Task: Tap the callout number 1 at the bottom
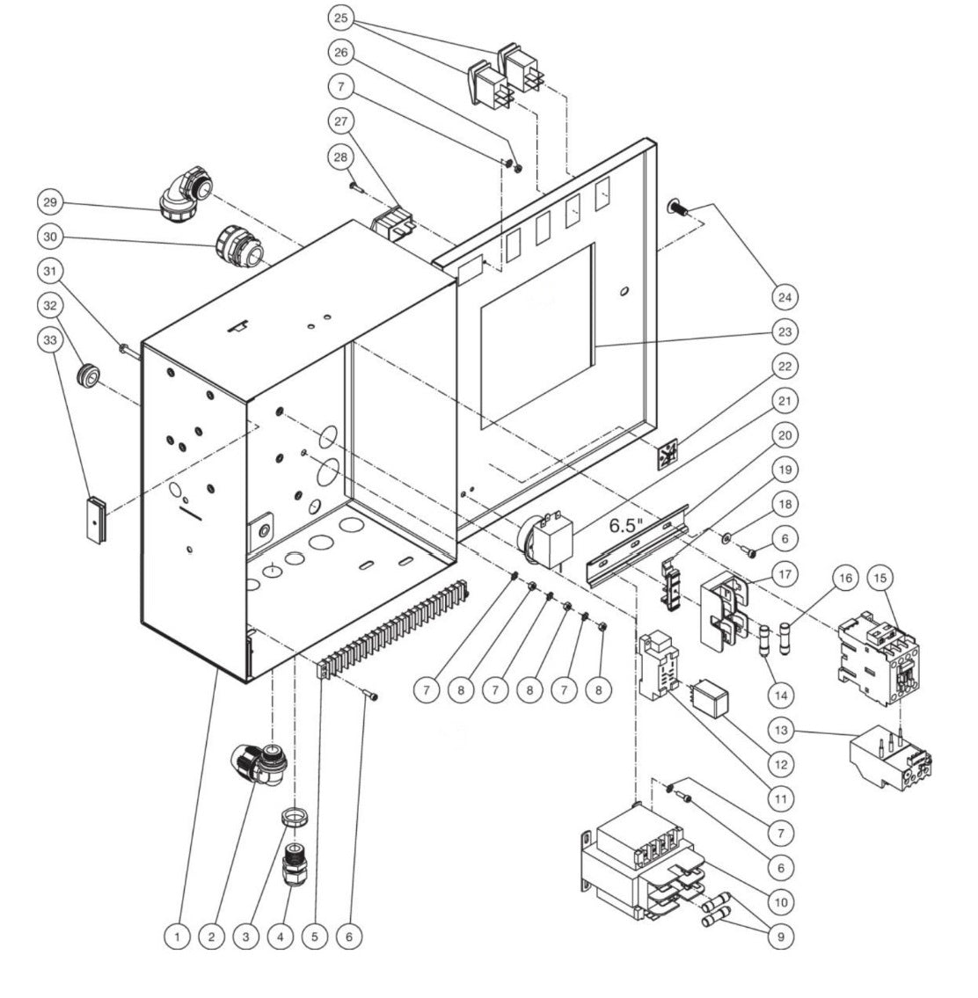(178, 936)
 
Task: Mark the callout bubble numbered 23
(783, 331)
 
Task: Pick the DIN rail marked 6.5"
(638, 550)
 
